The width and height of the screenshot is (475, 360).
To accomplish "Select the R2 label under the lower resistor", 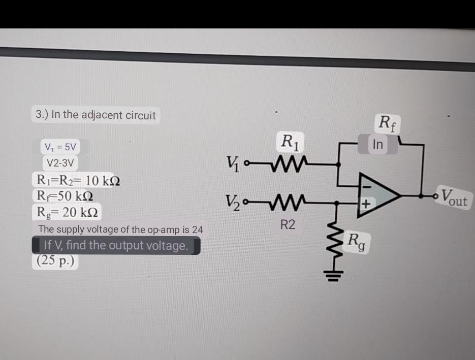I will point(288,225).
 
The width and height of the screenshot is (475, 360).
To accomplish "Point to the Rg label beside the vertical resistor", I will point(358,241).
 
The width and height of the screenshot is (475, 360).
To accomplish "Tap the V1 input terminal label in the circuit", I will point(234,164).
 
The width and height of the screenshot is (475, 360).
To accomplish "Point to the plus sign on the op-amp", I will point(366,204).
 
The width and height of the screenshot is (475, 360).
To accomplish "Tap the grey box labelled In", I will point(377,144).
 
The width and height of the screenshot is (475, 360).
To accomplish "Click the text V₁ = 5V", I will point(60,147).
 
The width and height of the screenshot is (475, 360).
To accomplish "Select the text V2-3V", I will point(60,163).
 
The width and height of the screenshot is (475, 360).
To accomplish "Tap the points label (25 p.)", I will point(56,261).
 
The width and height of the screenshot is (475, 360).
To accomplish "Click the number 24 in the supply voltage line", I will point(197,230).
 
